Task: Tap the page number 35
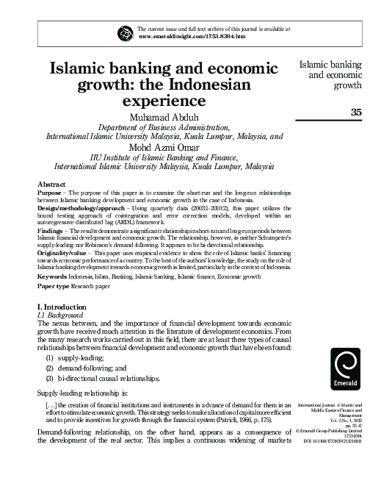[358, 112]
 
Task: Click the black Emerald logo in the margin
[346, 368]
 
